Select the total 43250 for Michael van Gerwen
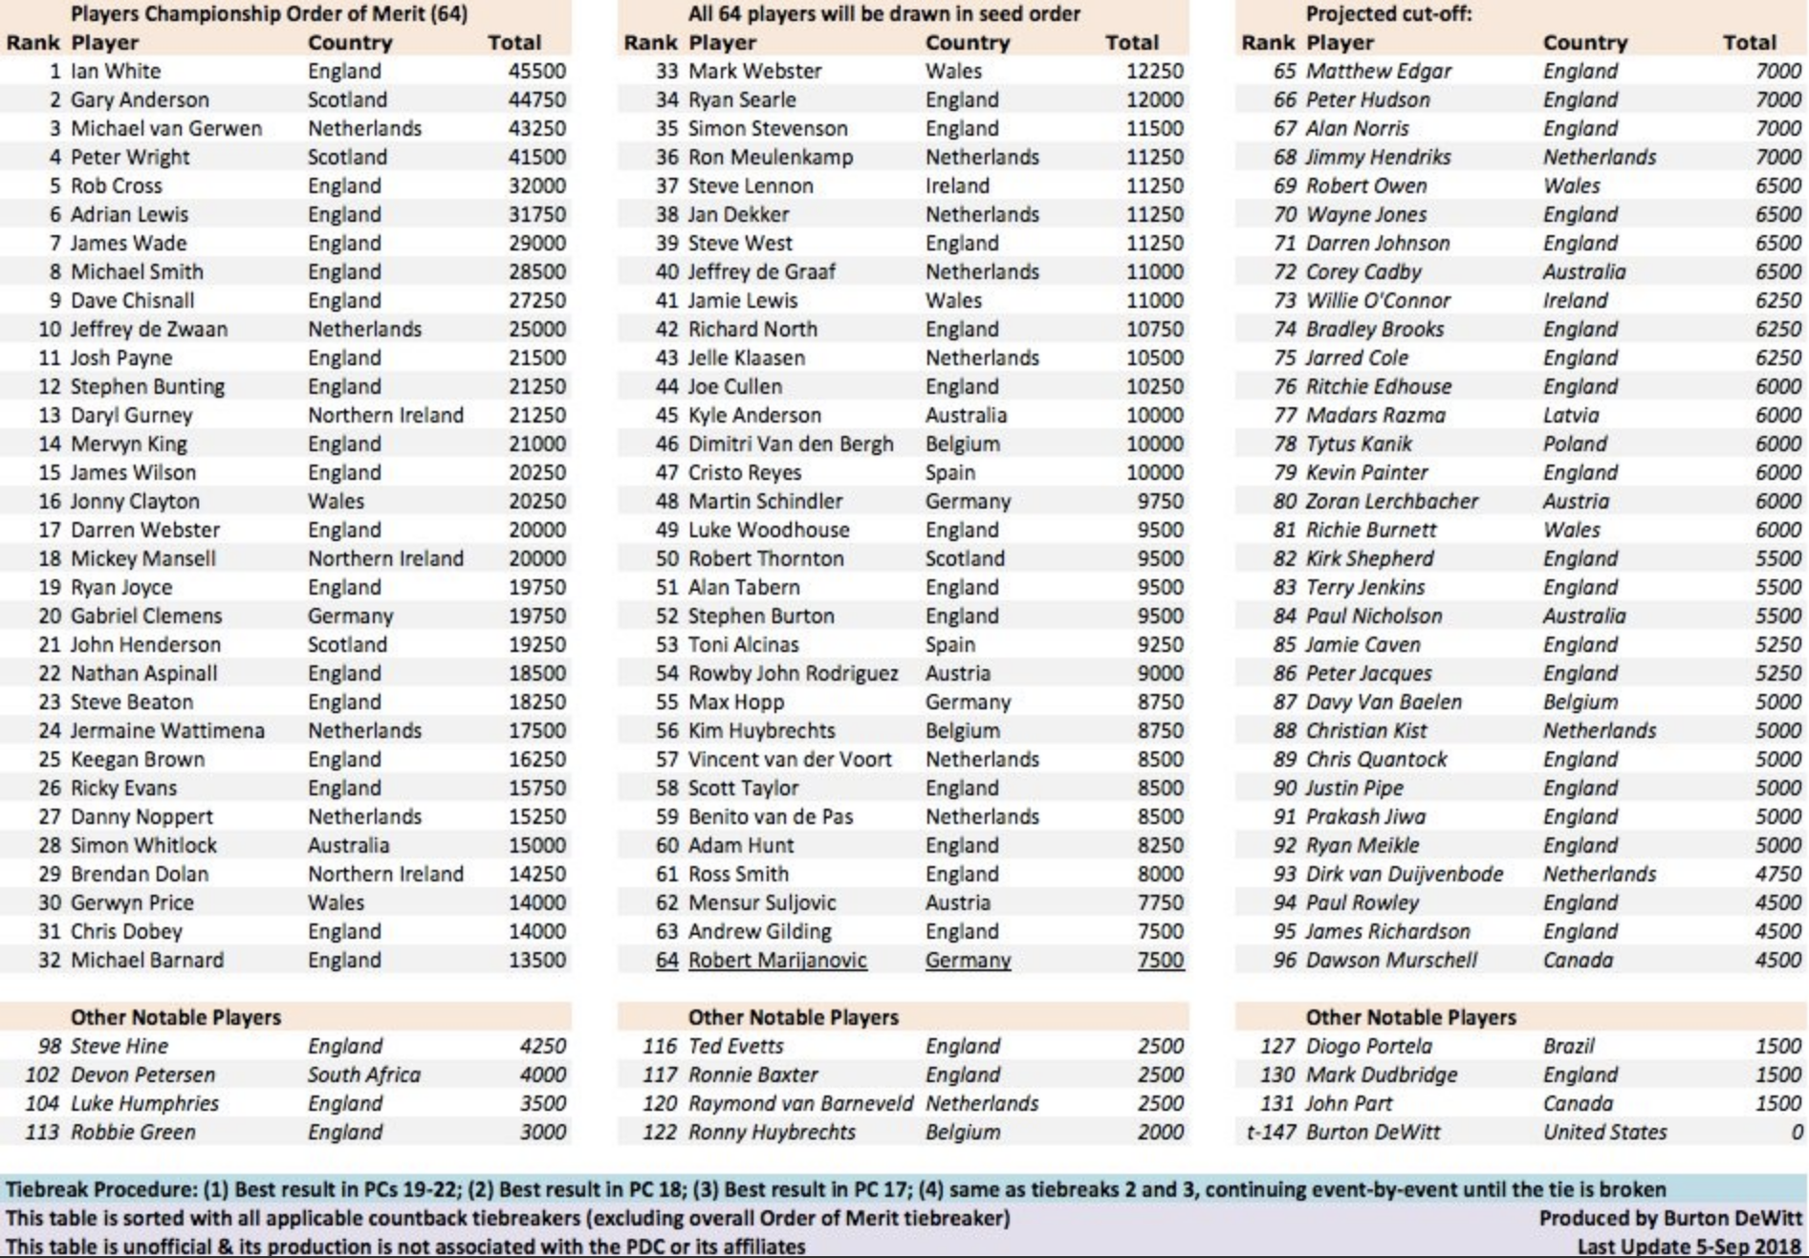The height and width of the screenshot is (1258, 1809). (536, 129)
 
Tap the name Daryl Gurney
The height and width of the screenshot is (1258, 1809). (131, 416)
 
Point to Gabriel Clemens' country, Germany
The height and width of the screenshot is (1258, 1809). (350, 617)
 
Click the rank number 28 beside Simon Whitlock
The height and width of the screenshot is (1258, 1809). (50, 846)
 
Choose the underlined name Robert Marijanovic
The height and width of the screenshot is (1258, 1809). (777, 961)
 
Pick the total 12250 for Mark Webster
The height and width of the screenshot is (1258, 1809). (1154, 72)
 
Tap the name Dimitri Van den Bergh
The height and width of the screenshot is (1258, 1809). (791, 445)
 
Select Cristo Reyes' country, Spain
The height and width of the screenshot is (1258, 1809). (949, 473)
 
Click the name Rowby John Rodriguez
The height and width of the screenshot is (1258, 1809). (793, 674)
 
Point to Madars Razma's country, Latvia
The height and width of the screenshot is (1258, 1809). (1570, 416)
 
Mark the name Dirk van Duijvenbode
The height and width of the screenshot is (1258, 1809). (1404, 875)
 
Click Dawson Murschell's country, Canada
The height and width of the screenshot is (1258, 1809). (1577, 961)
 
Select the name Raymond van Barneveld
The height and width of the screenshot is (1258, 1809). (800, 1104)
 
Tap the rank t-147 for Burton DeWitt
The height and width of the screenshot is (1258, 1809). (1271, 1133)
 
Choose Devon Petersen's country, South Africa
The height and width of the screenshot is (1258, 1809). (363, 1075)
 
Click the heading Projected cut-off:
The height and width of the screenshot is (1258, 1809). (1388, 14)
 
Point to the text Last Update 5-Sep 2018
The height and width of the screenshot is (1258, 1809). (1689, 1247)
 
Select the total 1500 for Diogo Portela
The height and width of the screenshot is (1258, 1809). (1777, 1047)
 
